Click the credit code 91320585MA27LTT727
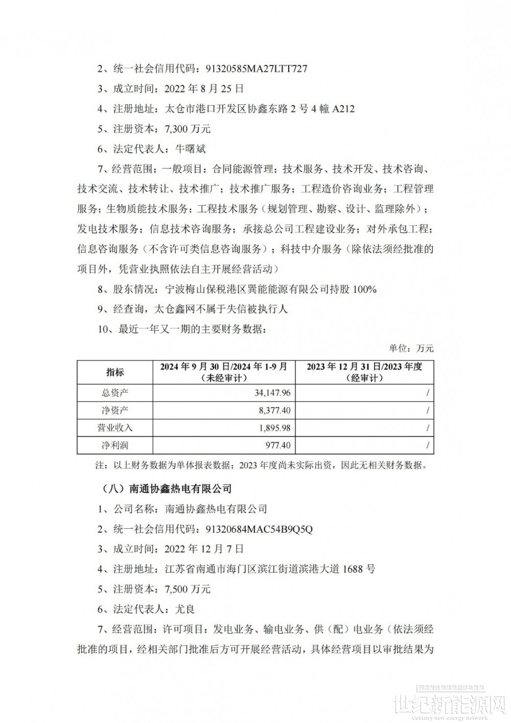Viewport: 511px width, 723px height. click(257, 69)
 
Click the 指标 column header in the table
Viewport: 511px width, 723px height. click(114, 372)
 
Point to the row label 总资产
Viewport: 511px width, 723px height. click(114, 393)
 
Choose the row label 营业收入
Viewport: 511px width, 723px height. click(114, 428)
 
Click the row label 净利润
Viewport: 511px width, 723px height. click(114, 445)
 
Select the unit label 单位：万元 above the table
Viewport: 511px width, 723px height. click(411, 348)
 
